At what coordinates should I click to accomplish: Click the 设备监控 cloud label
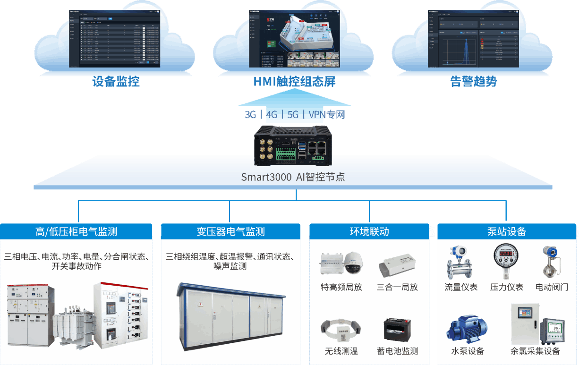(x=116, y=82)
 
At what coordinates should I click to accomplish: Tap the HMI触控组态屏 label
(x=294, y=82)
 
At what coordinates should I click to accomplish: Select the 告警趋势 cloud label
(x=473, y=82)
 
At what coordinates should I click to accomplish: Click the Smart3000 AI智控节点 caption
(x=293, y=178)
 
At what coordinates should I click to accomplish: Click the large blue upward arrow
(x=294, y=102)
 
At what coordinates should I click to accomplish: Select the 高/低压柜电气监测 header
(x=76, y=232)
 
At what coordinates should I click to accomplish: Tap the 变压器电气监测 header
(x=230, y=232)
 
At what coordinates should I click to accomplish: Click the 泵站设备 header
(x=507, y=232)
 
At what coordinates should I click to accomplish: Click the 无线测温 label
(x=341, y=351)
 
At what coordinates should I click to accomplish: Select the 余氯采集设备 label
(x=535, y=351)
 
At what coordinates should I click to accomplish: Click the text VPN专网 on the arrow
(x=327, y=115)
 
